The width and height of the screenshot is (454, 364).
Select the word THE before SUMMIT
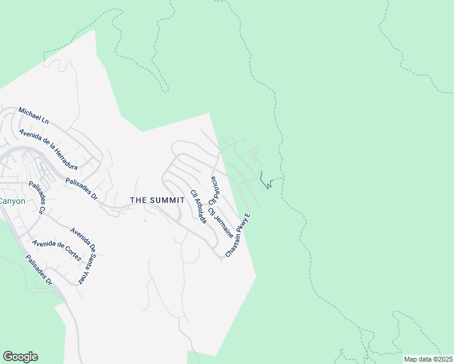coord(140,200)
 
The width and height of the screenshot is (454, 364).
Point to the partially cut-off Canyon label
coord(12,201)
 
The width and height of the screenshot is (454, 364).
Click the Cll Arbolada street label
coord(198,206)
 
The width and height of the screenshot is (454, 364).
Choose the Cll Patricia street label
coord(213,190)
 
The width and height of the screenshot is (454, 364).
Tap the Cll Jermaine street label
coord(220,223)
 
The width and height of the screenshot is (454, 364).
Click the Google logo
coord(20,357)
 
